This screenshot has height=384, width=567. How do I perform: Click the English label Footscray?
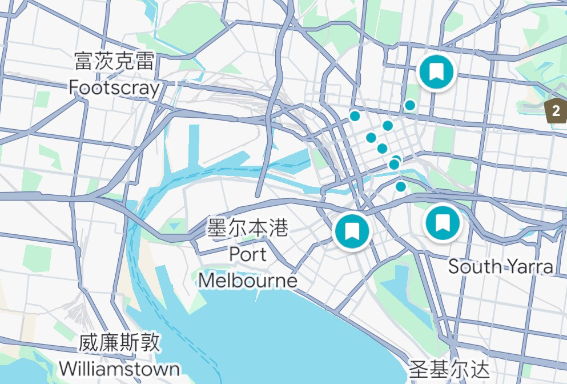click(x=114, y=87)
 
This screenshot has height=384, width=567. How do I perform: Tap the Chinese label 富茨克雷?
click(x=114, y=61)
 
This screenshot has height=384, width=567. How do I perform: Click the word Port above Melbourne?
click(x=248, y=254)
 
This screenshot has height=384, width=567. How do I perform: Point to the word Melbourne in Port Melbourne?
click(x=248, y=280)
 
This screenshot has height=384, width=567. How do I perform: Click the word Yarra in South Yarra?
click(x=531, y=266)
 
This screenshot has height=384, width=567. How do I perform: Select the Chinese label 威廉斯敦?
click(x=119, y=343)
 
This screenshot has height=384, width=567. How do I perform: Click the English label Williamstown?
click(x=119, y=369)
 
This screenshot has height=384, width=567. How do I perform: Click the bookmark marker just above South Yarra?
click(x=443, y=222)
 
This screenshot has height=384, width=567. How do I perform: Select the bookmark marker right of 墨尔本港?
click(x=352, y=231)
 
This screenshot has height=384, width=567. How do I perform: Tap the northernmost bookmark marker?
click(x=437, y=71)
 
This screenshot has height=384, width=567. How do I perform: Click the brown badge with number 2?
click(x=556, y=111)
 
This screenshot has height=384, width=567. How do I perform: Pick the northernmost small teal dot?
click(x=410, y=105)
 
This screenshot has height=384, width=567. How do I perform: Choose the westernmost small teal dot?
click(x=355, y=117)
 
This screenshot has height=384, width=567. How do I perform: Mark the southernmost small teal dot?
click(x=401, y=186)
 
